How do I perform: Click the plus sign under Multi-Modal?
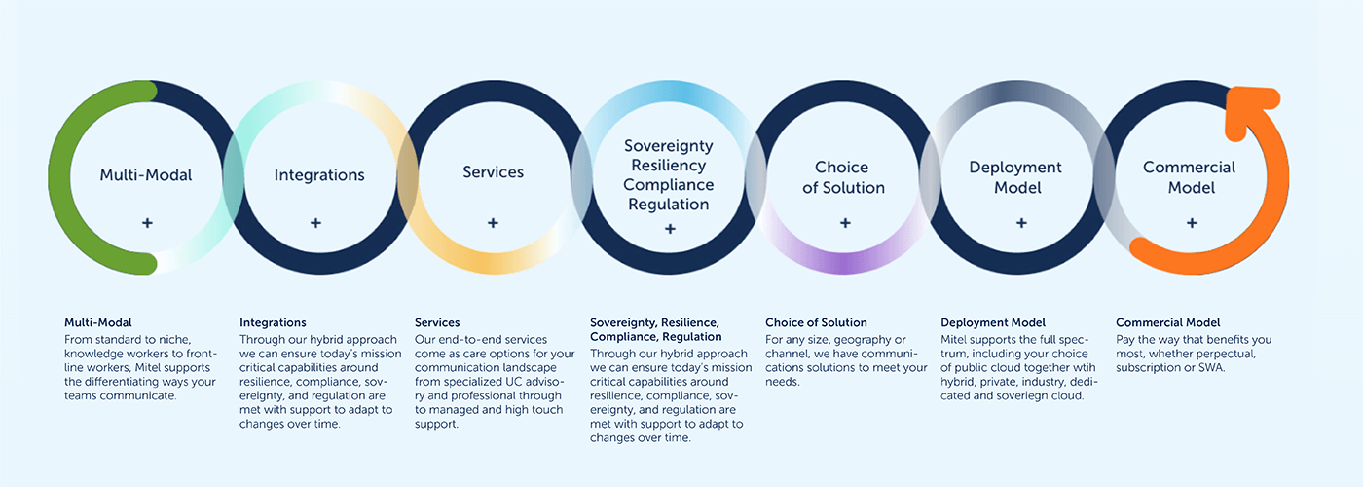[147, 223]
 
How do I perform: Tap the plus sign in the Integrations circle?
[315, 223]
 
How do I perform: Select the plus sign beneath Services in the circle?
[493, 223]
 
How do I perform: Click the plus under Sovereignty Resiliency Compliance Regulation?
[670, 229]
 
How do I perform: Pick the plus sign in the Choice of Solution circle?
[845, 223]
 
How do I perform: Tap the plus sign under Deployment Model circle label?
[1021, 223]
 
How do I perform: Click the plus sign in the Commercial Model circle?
[1192, 223]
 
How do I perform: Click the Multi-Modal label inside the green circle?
[146, 175]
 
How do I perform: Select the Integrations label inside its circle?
[319, 175]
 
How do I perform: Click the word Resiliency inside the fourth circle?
[669, 166]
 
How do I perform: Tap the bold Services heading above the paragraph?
[437, 322]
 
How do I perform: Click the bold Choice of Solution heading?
[816, 322]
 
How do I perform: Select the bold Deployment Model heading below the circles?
[993, 322]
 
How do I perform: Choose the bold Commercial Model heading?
[1167, 322]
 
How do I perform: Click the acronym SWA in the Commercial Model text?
[1211, 368]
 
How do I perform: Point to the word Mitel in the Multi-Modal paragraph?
[148, 368]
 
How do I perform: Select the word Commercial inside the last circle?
[1189, 168]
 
